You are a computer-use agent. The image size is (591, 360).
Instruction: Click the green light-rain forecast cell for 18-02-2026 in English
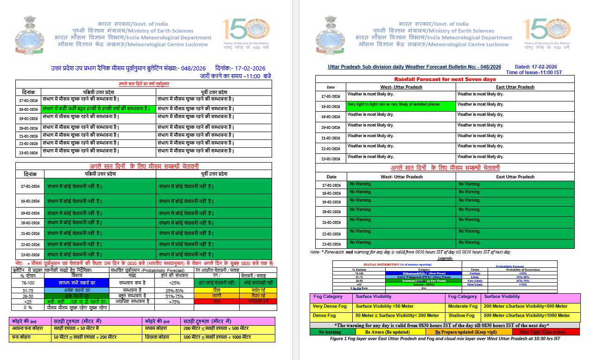coord(400,106)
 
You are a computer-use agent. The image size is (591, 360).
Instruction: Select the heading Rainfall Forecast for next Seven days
coord(445,79)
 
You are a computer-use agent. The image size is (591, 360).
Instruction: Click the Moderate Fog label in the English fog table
coord(463,306)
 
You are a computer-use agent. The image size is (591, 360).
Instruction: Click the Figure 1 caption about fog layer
coord(445,339)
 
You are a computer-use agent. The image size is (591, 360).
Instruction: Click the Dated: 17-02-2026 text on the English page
coord(536,67)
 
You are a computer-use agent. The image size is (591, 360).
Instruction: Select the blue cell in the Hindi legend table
coord(76,283)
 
